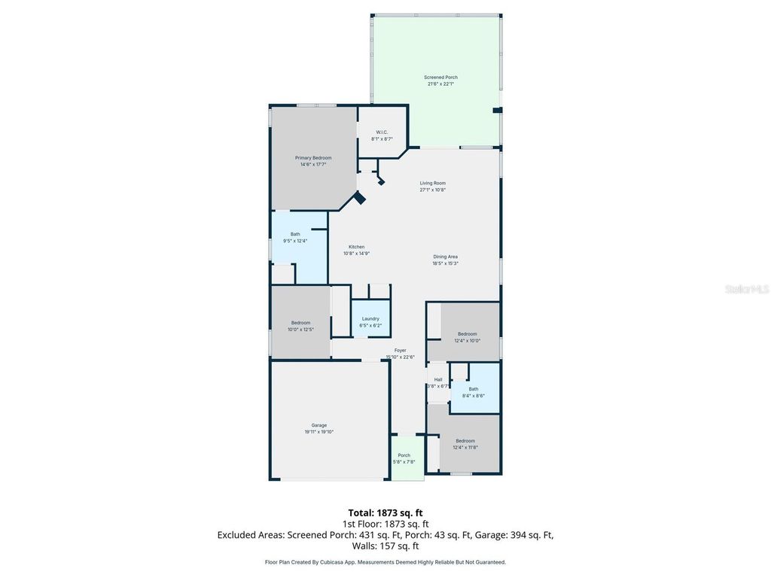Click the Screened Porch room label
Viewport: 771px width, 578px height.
coord(440,78)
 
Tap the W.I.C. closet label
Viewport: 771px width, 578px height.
coord(382,133)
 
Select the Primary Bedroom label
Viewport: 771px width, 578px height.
coord(313,158)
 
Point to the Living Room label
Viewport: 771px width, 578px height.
coord(433,184)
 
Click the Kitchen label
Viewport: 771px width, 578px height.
coord(356,248)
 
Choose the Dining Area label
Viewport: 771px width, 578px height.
coord(445,257)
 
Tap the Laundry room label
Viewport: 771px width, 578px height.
coord(370,319)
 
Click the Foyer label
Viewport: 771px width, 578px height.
coord(400,351)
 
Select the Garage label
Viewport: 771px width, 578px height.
coord(319,425)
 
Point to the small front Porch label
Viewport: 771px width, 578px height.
coord(404,455)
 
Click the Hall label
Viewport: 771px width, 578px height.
coord(438,380)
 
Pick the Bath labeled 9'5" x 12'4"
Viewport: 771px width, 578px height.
coord(295,235)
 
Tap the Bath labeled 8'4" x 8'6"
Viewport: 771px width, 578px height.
coord(474,389)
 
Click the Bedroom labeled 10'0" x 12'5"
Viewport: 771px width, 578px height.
coord(300,323)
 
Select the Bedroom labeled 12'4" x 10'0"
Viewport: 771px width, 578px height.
coord(467,334)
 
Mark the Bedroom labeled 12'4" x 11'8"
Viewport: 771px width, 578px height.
coord(465,441)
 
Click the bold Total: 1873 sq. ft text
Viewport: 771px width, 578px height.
coord(385,513)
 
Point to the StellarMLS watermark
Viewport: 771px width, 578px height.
coord(747,289)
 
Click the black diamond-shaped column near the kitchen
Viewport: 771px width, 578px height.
coord(360,198)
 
